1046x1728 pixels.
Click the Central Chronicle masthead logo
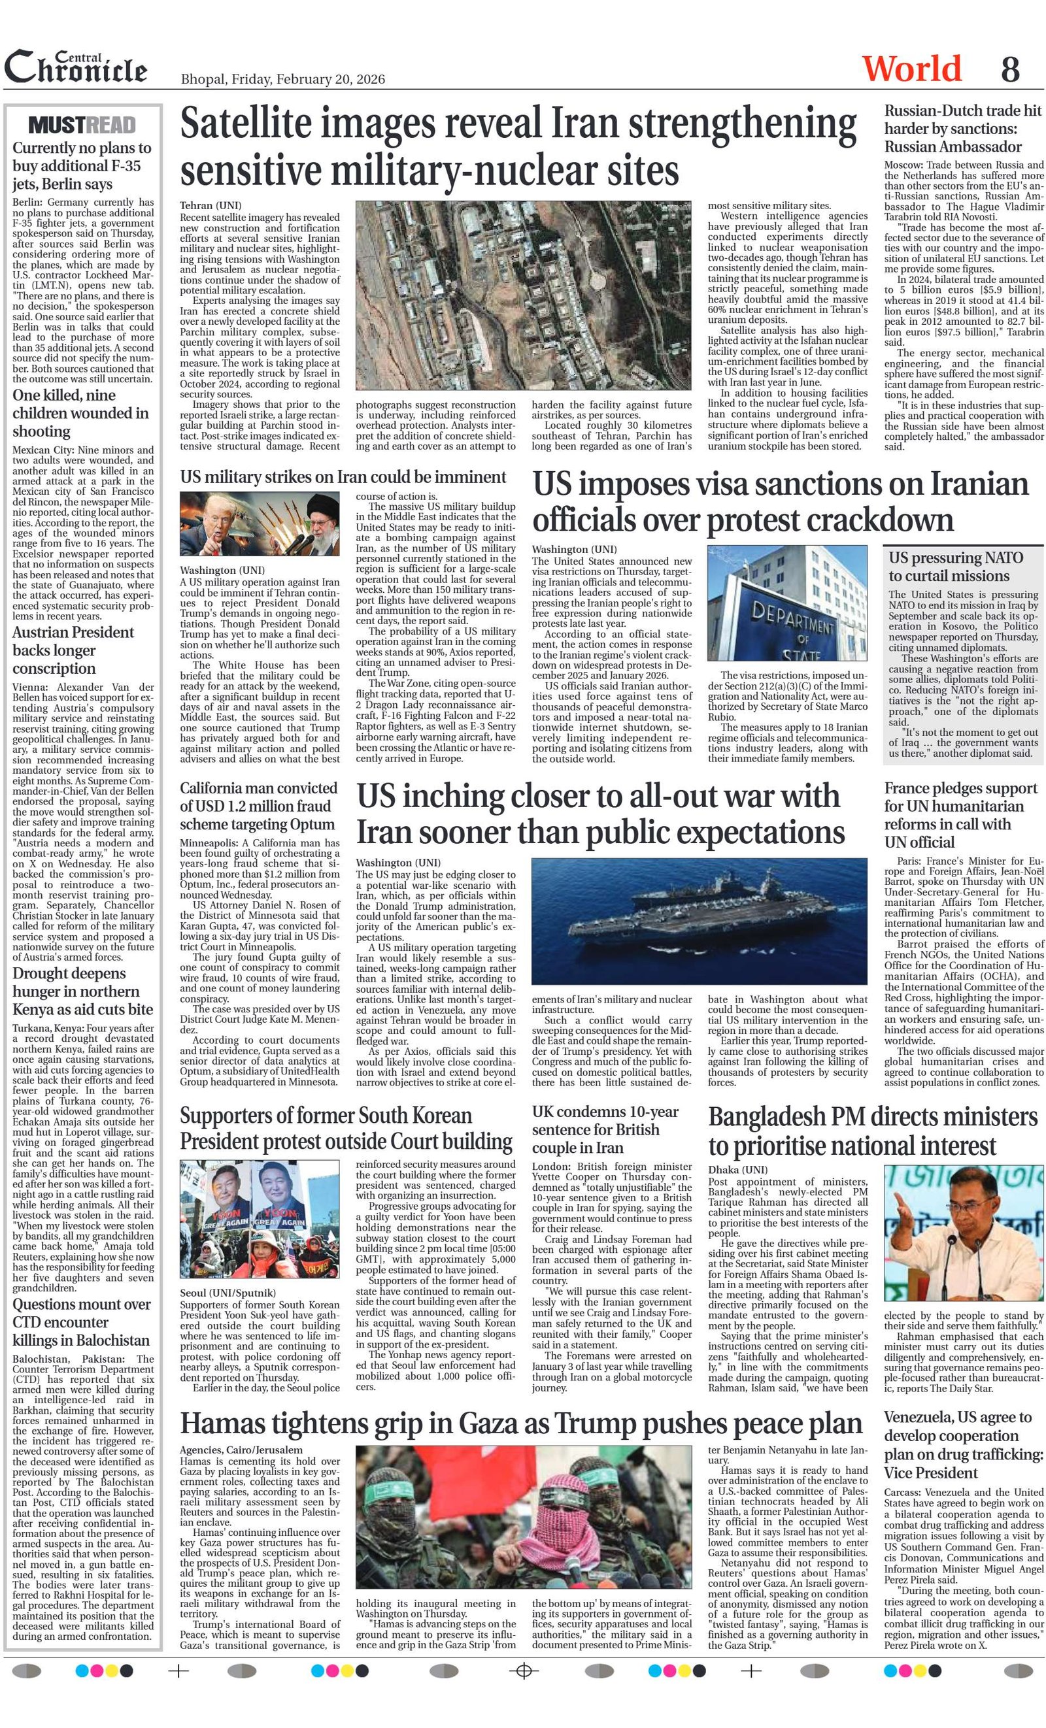click(x=76, y=67)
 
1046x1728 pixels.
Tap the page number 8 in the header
click(x=1009, y=69)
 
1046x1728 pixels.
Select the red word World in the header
click(x=911, y=69)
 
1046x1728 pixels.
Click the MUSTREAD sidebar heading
click(x=82, y=125)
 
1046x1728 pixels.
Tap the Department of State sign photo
click(x=786, y=603)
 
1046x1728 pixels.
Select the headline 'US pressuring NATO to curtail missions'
click(x=956, y=567)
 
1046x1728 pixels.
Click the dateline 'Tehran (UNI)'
click(x=211, y=205)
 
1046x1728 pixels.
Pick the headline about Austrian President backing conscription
click(x=73, y=650)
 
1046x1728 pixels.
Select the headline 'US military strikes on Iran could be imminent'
click(x=343, y=477)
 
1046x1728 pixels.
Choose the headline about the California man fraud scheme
click(x=258, y=806)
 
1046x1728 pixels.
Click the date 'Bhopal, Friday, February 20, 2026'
click(x=282, y=78)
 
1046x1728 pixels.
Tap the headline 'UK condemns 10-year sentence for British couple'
click(x=605, y=1130)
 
